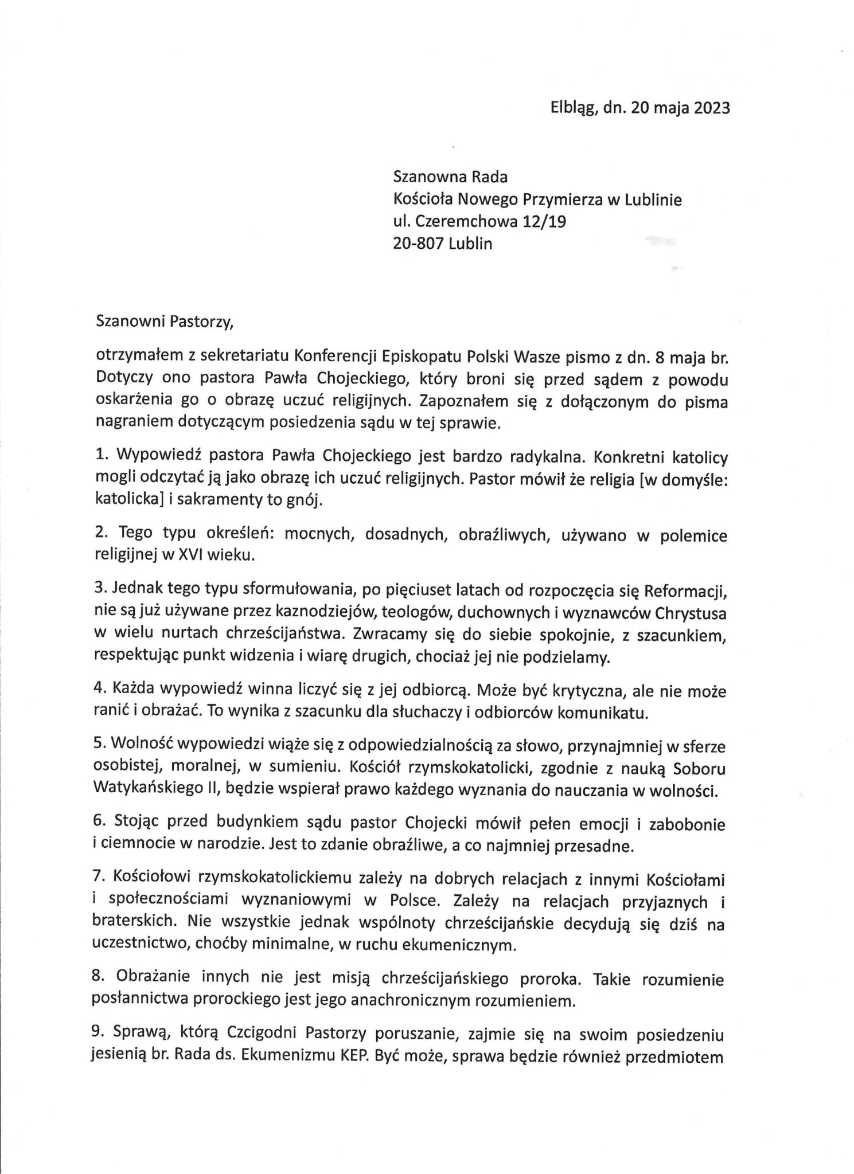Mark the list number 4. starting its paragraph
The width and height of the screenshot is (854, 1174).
[99, 691]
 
